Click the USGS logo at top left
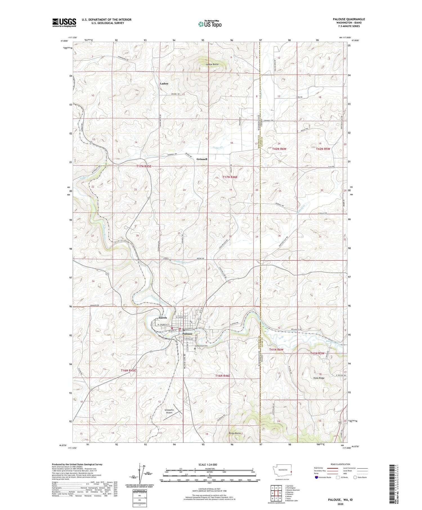(x=64, y=23)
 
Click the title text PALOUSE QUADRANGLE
(x=349, y=19)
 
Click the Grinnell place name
(x=202, y=159)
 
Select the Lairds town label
(x=163, y=318)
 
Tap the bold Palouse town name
(x=187, y=334)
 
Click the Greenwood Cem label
(x=201, y=346)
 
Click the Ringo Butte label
(x=235, y=433)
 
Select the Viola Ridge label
(x=319, y=378)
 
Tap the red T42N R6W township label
(x=279, y=149)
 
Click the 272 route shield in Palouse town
(x=199, y=319)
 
